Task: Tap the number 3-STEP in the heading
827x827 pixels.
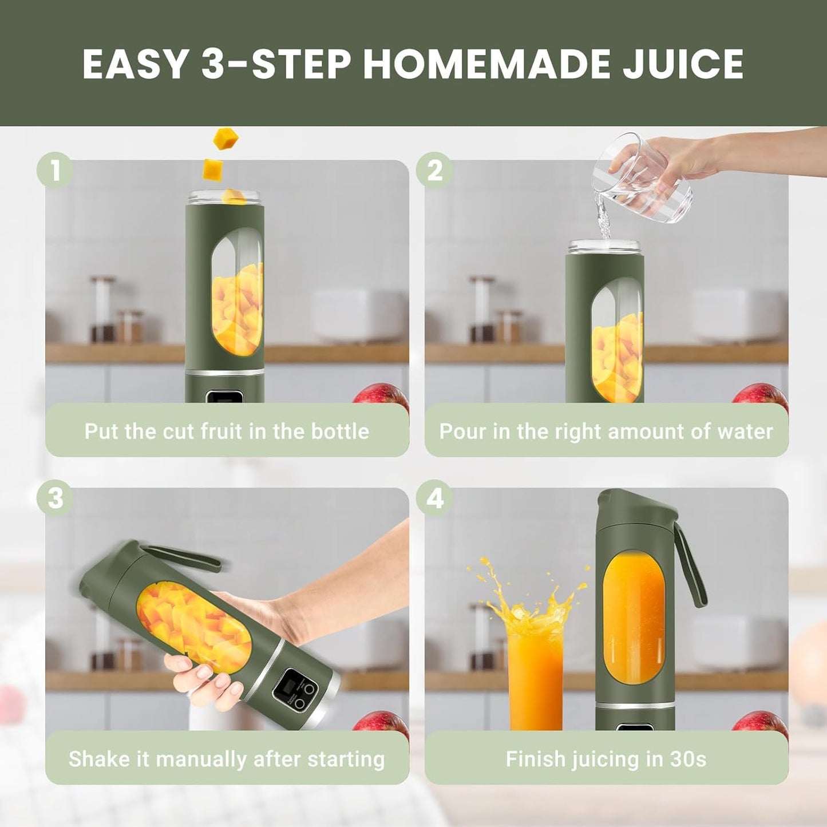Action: (275, 64)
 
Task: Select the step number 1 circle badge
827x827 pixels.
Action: (55, 170)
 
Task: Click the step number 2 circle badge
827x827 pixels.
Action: (434, 170)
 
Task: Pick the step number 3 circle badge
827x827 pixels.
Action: (55, 497)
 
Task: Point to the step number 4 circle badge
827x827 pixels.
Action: (434, 497)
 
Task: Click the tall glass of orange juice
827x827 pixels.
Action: (535, 675)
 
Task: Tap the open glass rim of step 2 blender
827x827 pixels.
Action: (605, 246)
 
